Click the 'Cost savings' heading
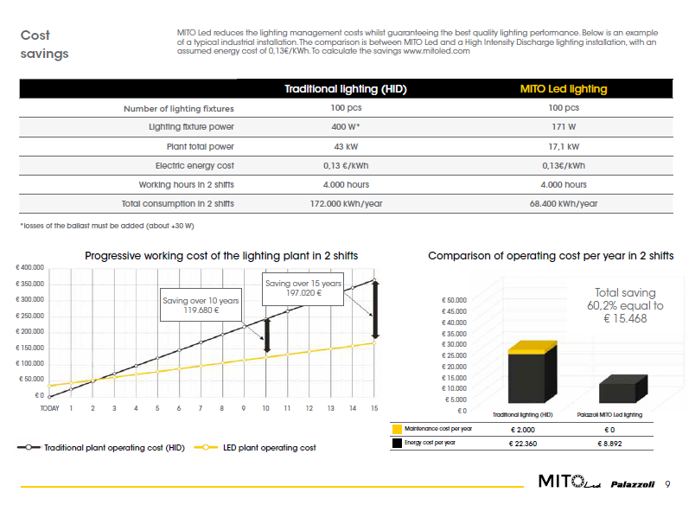pos(44,44)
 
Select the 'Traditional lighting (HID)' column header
pos(346,89)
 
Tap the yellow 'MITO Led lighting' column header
pos(563,89)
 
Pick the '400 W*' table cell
pos(346,127)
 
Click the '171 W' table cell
pos(563,127)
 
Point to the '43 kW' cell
pos(346,146)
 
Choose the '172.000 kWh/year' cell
pos(346,204)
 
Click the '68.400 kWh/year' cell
pos(563,204)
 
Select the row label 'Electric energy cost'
pos(194,166)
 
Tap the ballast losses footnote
pos(107,226)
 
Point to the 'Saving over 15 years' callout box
pos(303,288)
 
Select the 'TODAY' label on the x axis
pos(49,408)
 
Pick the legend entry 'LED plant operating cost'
pos(269,448)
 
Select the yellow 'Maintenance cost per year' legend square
pos(397,429)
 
